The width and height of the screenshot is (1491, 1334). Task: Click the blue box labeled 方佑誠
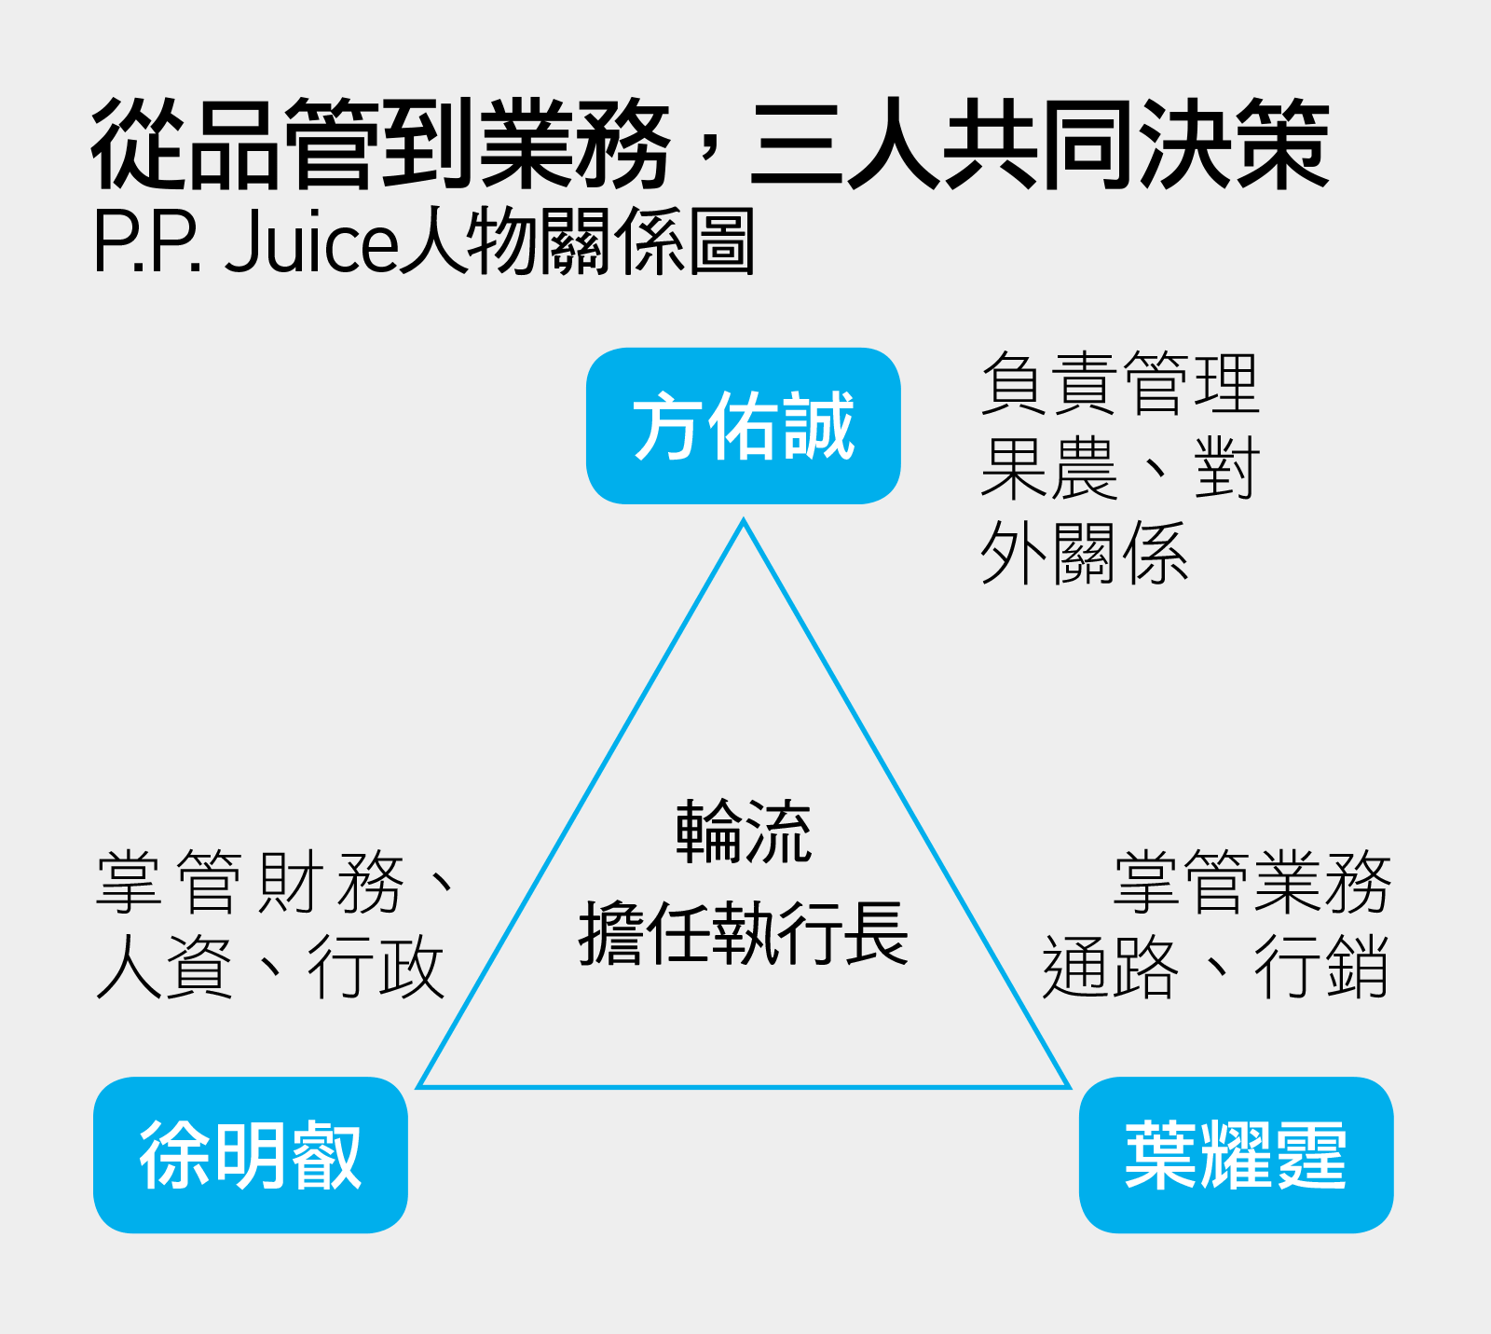point(744,426)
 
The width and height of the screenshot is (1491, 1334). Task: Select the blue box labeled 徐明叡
point(251,1155)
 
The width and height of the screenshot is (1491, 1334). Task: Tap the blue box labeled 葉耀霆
point(1237,1155)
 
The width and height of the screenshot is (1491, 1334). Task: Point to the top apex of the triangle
point(744,520)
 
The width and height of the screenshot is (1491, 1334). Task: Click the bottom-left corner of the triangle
point(418,1086)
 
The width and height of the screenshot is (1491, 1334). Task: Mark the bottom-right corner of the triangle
point(1069,1086)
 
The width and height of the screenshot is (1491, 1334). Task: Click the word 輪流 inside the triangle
point(744,832)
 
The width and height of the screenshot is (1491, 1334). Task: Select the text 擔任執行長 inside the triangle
point(744,933)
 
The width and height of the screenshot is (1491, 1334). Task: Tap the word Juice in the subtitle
point(311,241)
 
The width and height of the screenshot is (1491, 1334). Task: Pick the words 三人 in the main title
point(845,144)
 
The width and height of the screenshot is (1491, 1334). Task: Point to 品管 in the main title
point(283,144)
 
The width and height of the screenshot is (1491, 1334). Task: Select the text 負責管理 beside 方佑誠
point(1120,383)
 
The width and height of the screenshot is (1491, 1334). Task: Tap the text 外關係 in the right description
point(1085,554)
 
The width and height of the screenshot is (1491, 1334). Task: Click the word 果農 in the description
point(1049,469)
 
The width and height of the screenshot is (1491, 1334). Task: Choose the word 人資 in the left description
point(165,967)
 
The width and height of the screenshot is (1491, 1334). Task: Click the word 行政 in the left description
point(376,967)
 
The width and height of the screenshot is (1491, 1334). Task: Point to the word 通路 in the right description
point(1111,967)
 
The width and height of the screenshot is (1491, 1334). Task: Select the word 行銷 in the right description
point(1322,967)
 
